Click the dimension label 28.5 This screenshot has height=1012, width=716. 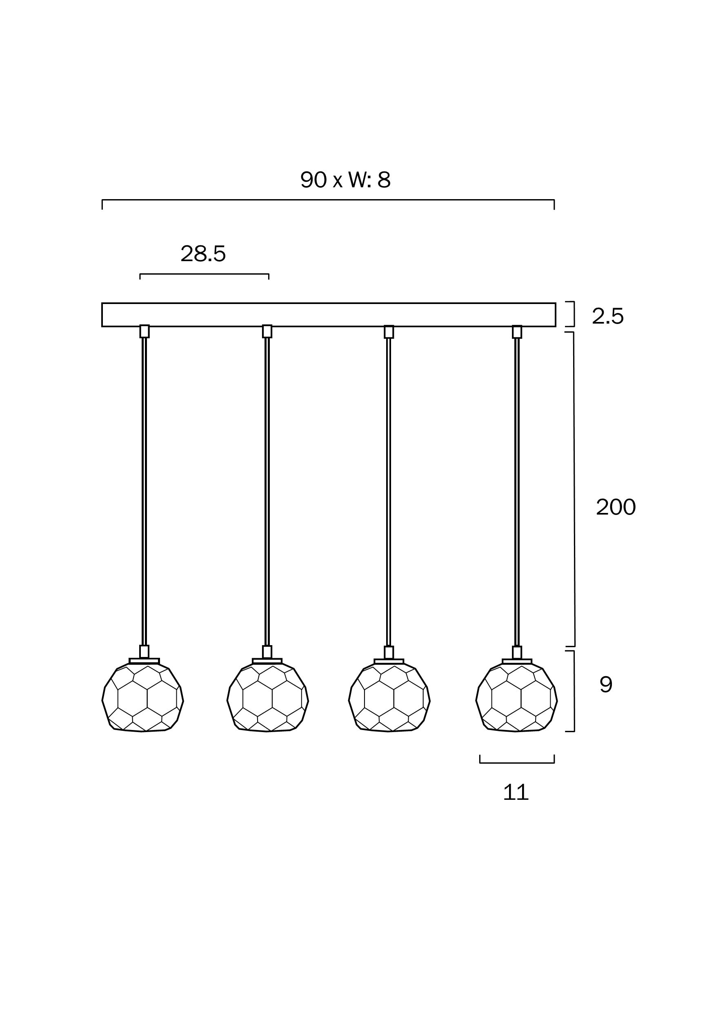(203, 254)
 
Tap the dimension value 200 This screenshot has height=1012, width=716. (616, 507)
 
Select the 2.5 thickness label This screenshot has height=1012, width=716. (607, 317)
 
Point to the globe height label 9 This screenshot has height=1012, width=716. (606, 684)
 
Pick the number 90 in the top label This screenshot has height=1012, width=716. (314, 180)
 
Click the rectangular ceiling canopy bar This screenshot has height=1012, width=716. (329, 315)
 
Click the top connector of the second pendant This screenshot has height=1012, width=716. (267, 331)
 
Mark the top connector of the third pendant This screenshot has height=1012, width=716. (389, 332)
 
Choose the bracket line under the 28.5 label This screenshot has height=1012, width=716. (204, 274)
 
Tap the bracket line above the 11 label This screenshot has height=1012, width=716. (517, 763)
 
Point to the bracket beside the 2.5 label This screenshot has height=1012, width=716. (573, 314)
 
